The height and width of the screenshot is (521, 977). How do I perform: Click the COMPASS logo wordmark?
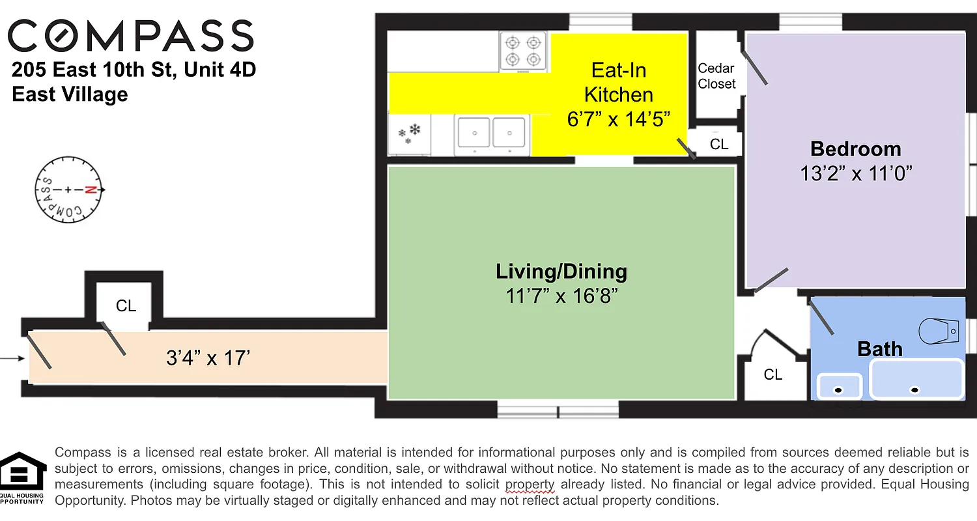(130, 36)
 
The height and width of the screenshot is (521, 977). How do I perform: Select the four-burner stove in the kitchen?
(522, 51)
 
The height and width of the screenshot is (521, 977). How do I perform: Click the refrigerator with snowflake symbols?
(409, 135)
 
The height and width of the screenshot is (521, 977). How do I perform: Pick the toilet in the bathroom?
(939, 331)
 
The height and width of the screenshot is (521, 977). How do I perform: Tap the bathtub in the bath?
(916, 379)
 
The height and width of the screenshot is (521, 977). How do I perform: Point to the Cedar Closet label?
(716, 76)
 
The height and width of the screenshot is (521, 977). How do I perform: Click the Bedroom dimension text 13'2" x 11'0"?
(855, 174)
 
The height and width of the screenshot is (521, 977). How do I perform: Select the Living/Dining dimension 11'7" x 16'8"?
(561, 296)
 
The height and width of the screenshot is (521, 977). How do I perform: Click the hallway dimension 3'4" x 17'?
(208, 358)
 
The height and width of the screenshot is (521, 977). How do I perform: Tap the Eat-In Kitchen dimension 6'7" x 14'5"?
(618, 120)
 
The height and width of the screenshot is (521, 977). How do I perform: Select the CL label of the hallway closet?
(126, 305)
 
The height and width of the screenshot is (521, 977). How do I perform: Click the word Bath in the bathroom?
(879, 349)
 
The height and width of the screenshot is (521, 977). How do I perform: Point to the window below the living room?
(558, 410)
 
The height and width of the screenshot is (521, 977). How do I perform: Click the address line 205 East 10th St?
(134, 70)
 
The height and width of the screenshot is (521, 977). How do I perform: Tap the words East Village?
(70, 94)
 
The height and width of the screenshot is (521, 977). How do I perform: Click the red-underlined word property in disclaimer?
(530, 485)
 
